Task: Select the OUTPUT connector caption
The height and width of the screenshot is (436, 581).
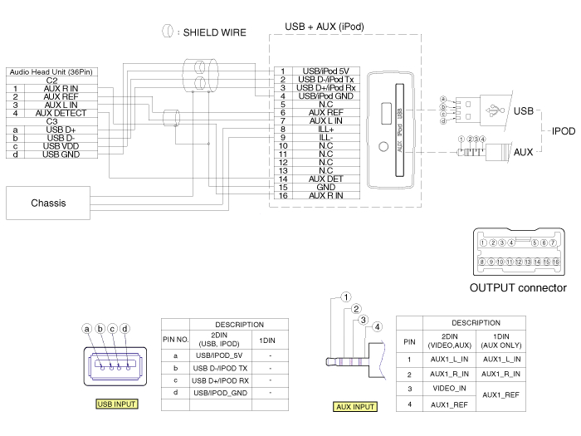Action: point(518,288)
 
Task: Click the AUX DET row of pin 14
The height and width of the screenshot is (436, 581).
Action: point(325,179)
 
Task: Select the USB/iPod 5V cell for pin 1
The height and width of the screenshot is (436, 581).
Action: point(325,71)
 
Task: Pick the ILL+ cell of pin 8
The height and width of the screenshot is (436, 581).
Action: point(325,130)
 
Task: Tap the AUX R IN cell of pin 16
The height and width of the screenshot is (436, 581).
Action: point(325,195)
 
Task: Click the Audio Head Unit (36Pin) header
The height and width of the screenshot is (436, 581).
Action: point(51,72)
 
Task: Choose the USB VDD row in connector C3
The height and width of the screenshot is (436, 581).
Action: point(61,146)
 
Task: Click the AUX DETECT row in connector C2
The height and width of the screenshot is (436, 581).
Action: point(61,113)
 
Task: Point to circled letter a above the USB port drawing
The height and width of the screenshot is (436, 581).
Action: point(86,328)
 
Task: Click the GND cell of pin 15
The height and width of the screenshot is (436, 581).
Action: point(325,187)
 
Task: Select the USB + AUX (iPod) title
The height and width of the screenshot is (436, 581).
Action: point(324,27)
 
